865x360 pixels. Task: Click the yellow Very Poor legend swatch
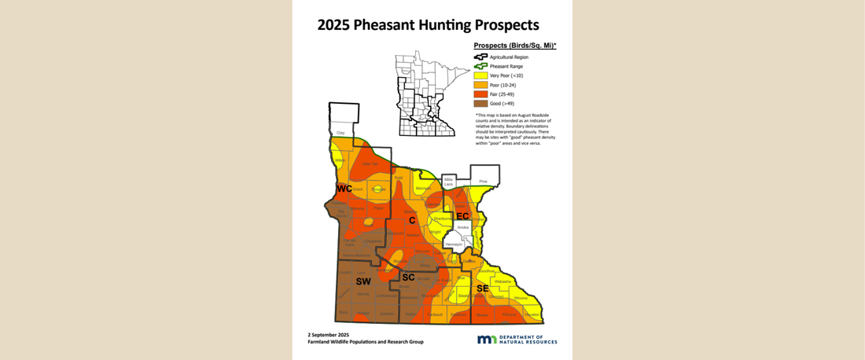pyautogui.click(x=480, y=75)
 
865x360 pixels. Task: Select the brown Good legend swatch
pyautogui.click(x=480, y=104)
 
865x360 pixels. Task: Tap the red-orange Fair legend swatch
pyautogui.click(x=480, y=94)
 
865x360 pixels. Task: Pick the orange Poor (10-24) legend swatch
pyautogui.click(x=480, y=84)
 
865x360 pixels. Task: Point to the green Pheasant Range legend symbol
pyautogui.click(x=480, y=66)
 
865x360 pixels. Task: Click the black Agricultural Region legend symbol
pyautogui.click(x=480, y=57)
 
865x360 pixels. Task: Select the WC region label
pyautogui.click(x=344, y=189)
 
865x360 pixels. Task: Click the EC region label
pyautogui.click(x=462, y=215)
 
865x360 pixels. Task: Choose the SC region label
pyautogui.click(x=408, y=277)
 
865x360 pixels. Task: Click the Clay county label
pyautogui.click(x=340, y=134)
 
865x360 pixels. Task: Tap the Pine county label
pyautogui.click(x=483, y=182)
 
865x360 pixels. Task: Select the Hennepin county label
pyautogui.click(x=454, y=244)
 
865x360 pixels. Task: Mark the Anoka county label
pyautogui.click(x=462, y=227)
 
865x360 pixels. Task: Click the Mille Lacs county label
pyautogui.click(x=449, y=182)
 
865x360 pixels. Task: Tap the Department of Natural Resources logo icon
pyautogui.click(x=487, y=339)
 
